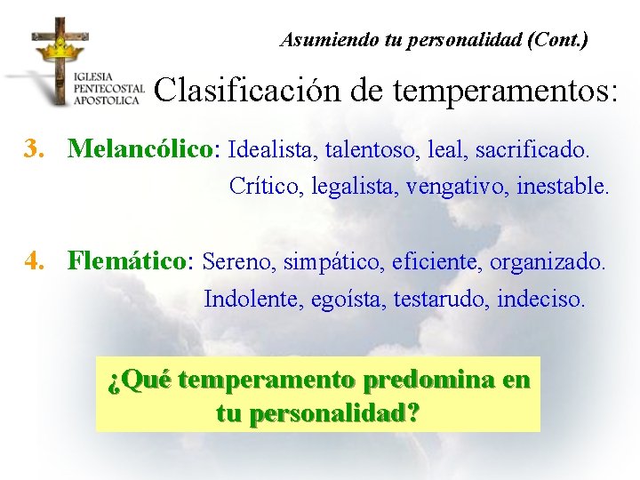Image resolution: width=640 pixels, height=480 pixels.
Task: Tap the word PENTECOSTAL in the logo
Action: (109, 89)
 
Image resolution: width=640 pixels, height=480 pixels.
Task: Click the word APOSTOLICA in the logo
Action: (108, 100)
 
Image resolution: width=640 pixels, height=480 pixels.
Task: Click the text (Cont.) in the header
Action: (556, 40)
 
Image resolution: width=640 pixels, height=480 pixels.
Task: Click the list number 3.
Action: (34, 148)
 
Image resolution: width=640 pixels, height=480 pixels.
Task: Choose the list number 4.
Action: (34, 261)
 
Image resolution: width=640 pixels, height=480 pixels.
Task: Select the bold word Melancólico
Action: (144, 148)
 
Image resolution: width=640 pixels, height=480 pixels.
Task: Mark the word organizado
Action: (548, 262)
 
